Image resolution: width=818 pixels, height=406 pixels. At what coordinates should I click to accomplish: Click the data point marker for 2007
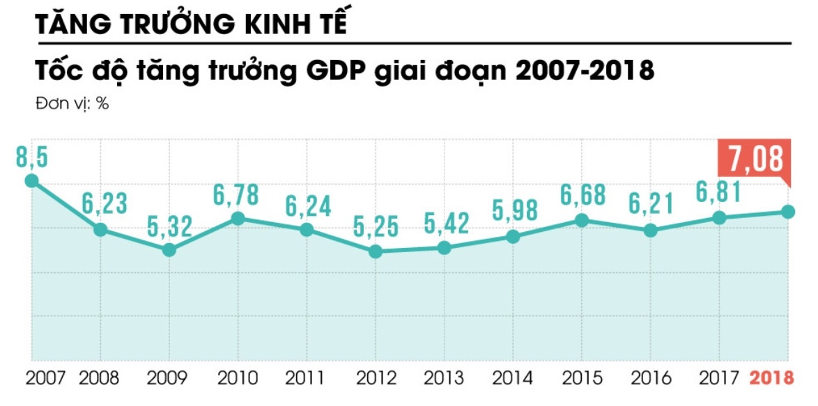click(31, 181)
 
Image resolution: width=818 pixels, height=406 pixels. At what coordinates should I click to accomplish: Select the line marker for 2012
click(376, 251)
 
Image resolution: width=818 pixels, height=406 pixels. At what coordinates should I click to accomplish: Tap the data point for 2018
click(788, 212)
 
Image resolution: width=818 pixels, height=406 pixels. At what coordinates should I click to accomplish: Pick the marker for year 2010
click(238, 219)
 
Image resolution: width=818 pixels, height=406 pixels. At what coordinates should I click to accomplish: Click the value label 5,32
click(169, 226)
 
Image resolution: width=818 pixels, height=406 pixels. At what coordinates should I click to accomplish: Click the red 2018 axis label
click(771, 378)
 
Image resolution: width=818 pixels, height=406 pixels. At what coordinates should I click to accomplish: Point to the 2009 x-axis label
click(169, 378)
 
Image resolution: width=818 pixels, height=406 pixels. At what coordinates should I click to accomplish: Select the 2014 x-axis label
click(514, 378)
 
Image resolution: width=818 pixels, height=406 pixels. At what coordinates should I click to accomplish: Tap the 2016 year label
click(651, 378)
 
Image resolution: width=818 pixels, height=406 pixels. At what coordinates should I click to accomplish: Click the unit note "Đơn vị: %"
click(71, 104)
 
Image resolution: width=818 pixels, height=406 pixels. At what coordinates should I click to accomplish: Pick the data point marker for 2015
click(582, 221)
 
